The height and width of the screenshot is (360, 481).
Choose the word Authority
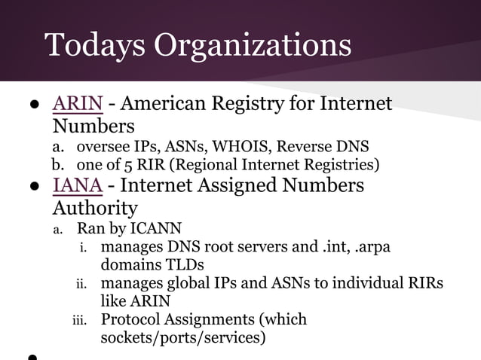tap(95, 207)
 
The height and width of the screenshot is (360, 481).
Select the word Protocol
tap(131, 319)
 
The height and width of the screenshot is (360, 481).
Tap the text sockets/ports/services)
tap(183, 337)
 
